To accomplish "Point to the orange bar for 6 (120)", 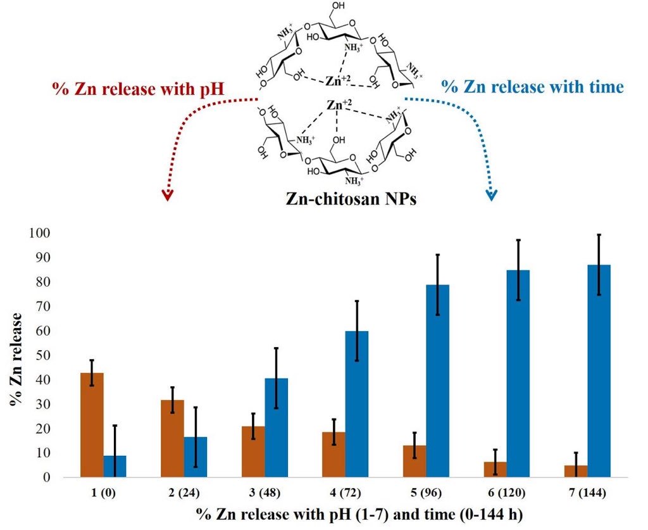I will [x=495, y=469].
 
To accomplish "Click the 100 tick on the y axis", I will [x=38, y=233].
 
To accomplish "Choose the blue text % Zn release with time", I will [x=532, y=87].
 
